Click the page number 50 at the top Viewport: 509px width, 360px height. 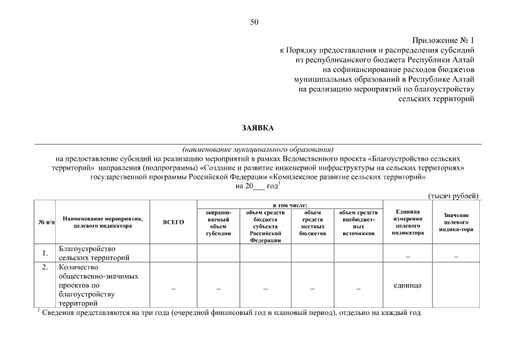click(x=254, y=22)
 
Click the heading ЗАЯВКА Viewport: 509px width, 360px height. click(x=258, y=128)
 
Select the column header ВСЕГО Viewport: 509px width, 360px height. click(x=173, y=222)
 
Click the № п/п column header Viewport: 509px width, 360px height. click(x=44, y=222)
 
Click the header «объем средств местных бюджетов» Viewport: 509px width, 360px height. click(x=313, y=223)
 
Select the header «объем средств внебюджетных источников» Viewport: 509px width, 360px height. click(x=358, y=223)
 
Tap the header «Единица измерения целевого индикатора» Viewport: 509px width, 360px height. click(x=407, y=222)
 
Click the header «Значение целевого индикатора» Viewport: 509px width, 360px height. click(x=456, y=222)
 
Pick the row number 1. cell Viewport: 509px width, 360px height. click(x=44, y=253)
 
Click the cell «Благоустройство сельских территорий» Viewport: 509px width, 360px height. click(x=94, y=253)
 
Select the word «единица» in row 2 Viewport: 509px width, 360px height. click(x=407, y=285)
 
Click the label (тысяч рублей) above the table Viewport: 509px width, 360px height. click(x=453, y=196)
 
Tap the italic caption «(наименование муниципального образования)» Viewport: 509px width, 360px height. click(x=258, y=150)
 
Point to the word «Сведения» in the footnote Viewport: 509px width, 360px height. click(x=58, y=313)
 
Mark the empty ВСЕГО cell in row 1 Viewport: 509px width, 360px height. click(x=173, y=253)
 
